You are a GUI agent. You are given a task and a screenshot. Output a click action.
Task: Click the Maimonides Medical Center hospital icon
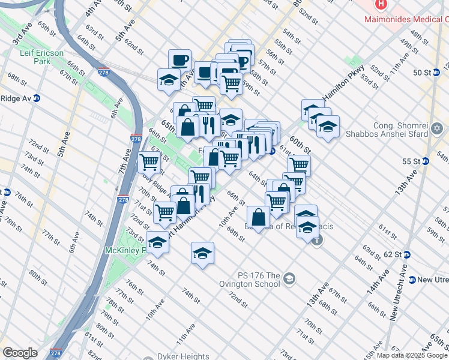coord(380,5)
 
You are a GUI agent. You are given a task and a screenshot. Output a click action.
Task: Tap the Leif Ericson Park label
coord(41,57)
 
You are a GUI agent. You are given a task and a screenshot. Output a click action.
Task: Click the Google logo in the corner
coord(20,353)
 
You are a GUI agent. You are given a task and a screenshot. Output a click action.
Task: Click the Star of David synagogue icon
coord(437,128)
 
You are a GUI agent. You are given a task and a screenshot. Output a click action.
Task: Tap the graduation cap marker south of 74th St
coord(203,253)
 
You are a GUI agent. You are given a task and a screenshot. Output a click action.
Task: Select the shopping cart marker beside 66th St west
coord(149,161)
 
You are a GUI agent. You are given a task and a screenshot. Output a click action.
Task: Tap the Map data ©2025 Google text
coord(412,355)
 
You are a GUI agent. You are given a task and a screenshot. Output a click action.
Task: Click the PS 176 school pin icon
coord(290,278)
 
